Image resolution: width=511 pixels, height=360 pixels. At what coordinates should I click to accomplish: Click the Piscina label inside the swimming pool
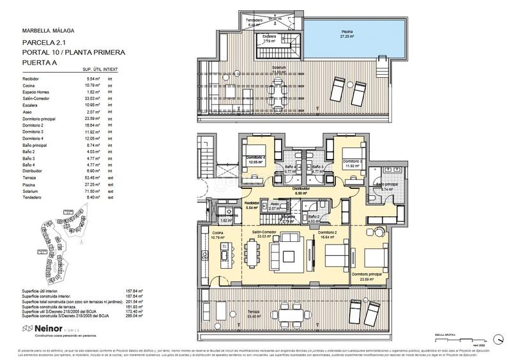[347, 31]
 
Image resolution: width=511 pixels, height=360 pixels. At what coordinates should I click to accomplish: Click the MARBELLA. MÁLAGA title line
[49, 30]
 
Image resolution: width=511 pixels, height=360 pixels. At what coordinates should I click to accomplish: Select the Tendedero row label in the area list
[33, 197]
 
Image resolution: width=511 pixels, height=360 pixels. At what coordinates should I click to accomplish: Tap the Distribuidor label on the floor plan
[301, 189]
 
